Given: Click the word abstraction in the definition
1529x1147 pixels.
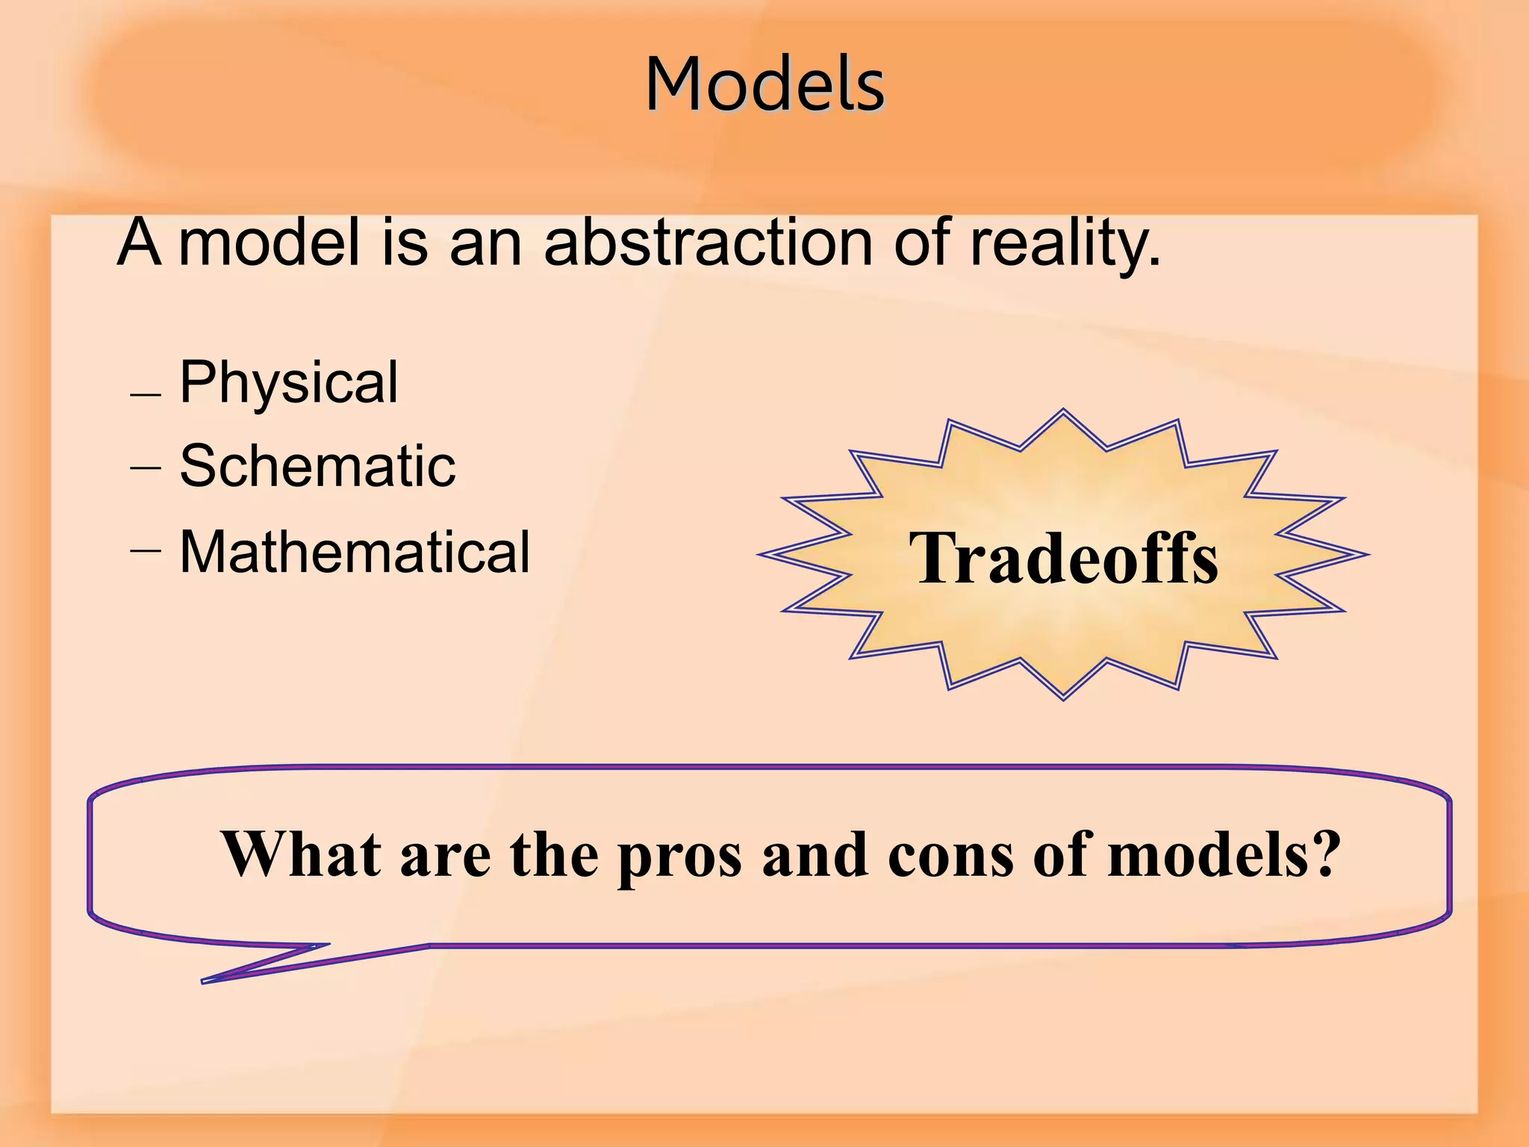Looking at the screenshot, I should pos(708,243).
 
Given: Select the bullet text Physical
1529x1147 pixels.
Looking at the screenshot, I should pos(289,382).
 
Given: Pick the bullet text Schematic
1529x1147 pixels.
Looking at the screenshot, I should pos(317,466).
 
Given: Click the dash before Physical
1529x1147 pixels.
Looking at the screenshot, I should pos(145,394).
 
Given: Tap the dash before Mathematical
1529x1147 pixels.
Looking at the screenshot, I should pos(145,550).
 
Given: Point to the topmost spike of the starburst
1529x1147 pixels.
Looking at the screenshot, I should pos(1063,411).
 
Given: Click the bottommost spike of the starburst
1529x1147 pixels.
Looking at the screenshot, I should pos(1063,697).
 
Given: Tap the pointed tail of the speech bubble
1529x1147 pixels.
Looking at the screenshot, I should pos(206,980).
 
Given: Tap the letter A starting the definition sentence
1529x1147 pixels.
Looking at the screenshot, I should pos(139,243).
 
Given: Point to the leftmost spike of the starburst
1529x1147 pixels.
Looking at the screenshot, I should pos(762,554).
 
